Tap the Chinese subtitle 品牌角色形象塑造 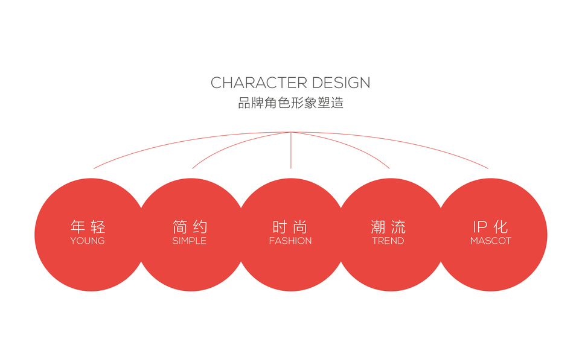point(290,103)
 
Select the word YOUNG point(88,241)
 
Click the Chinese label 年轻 point(88,227)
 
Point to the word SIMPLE point(190,241)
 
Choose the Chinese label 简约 point(190,227)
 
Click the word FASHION point(290,241)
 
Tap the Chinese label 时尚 point(290,227)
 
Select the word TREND point(388,241)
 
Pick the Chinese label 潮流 point(388,227)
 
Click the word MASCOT point(491,241)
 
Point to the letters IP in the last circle point(480,227)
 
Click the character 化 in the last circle point(501,227)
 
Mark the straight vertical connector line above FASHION point(291,151)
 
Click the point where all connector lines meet point(291,132)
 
